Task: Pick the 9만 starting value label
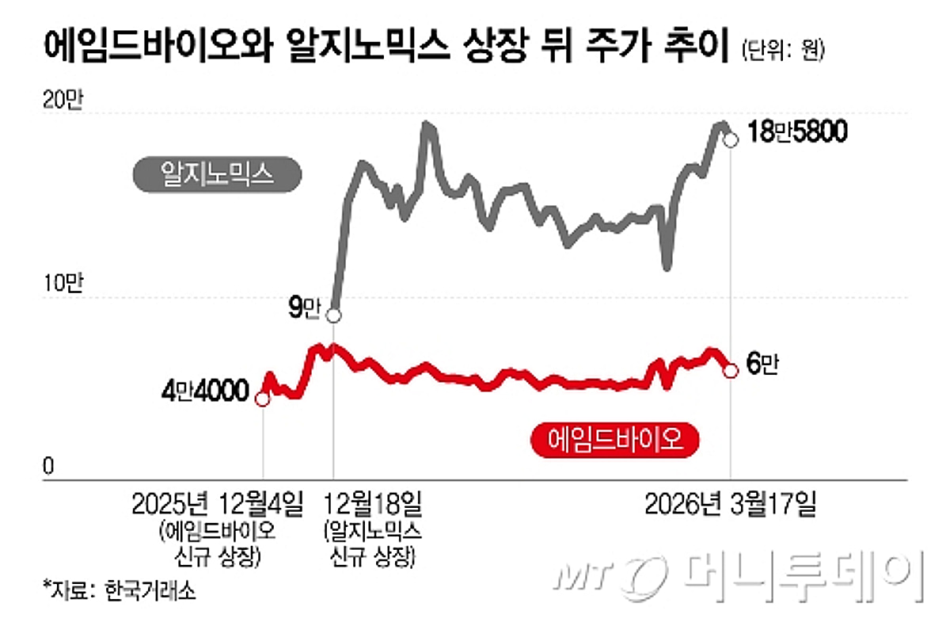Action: (x=302, y=309)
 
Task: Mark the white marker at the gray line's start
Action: (x=334, y=315)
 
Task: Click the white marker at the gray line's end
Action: (x=731, y=140)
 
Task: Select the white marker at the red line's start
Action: (x=263, y=399)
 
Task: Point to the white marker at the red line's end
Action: (x=731, y=370)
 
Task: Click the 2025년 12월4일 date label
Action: (x=217, y=503)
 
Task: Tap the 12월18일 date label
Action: (x=370, y=503)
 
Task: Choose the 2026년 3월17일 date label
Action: (x=728, y=503)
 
